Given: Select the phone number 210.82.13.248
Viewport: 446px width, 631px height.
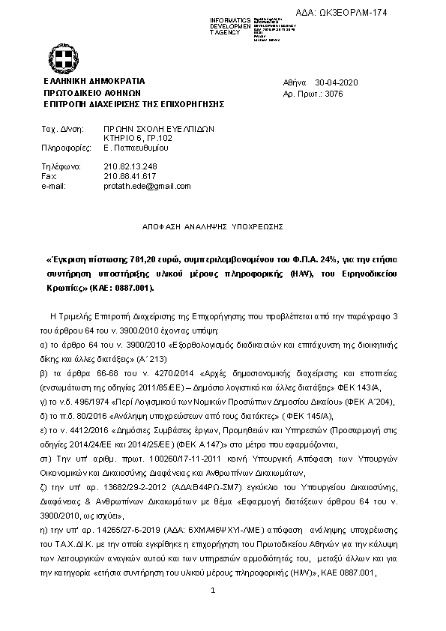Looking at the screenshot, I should (x=130, y=166).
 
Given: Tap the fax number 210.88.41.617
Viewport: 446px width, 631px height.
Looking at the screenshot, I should (x=130, y=175).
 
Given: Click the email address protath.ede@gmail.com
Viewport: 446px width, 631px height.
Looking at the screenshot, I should (x=146, y=186).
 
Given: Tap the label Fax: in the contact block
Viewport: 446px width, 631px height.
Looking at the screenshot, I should (x=49, y=175).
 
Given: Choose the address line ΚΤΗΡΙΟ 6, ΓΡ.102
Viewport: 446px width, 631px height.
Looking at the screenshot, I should (x=137, y=139).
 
